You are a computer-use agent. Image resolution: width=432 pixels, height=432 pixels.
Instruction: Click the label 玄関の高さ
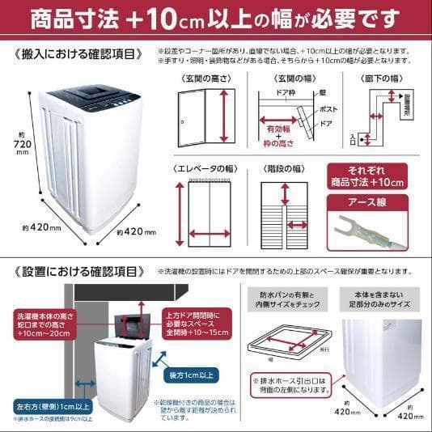click(x=203, y=78)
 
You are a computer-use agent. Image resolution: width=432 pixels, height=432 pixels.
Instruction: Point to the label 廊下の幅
click(x=380, y=78)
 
